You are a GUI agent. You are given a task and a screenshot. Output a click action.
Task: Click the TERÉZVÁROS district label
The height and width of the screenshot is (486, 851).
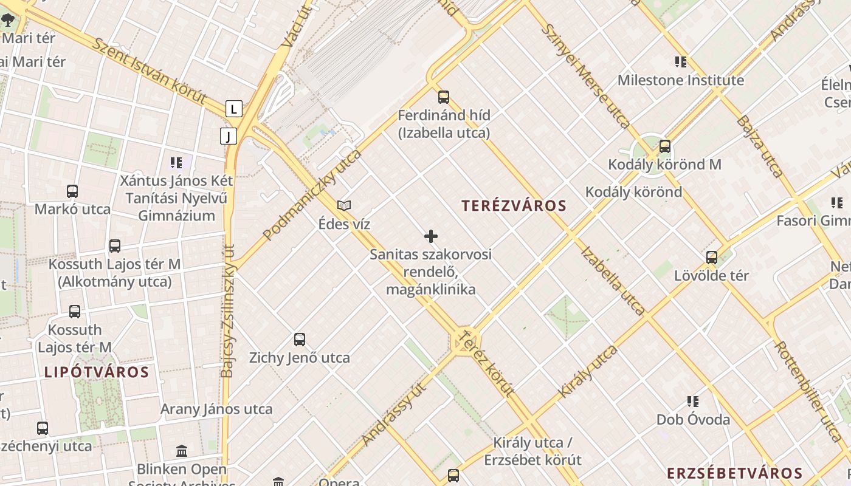pos(514,205)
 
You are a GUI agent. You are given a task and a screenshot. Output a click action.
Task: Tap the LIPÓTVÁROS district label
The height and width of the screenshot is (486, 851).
pos(96,372)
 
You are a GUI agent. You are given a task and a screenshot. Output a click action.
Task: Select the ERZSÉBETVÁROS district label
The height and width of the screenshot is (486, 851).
pos(734,473)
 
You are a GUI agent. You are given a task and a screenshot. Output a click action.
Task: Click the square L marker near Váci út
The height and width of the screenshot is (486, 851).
pos(234,109)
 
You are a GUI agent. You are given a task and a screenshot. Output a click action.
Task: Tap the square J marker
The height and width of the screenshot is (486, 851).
pos(229,136)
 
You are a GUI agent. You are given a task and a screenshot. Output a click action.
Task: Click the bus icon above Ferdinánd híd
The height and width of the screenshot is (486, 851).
pos(444,97)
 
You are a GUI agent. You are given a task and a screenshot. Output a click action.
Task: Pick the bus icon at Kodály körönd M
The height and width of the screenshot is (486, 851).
pos(664,146)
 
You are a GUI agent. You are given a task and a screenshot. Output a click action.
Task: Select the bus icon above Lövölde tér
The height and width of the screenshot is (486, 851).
pos(711,258)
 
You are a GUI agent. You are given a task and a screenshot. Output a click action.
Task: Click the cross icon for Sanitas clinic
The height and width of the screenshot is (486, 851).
pos(431,236)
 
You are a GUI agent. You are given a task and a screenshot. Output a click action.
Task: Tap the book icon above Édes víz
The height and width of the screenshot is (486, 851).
pos(344,206)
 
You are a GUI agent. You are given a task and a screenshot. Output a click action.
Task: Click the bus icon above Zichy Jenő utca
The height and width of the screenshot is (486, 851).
pos(299,340)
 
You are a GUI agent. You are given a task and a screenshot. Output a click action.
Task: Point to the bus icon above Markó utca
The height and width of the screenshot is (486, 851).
pos(72,191)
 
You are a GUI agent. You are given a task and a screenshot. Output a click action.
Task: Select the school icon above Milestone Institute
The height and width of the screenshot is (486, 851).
pos(680,62)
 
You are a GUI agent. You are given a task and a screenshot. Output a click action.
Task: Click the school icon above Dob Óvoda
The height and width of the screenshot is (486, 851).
pos(692,402)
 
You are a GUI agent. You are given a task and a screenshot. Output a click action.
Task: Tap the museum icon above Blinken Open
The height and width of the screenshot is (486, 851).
pos(181,451)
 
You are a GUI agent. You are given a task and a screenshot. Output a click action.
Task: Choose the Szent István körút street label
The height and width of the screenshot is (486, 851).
pos(149,72)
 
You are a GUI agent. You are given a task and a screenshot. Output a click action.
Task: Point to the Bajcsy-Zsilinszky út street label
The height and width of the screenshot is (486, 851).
pos(228,310)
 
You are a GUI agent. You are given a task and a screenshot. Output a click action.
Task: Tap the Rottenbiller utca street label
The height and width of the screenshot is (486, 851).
pos(807,383)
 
